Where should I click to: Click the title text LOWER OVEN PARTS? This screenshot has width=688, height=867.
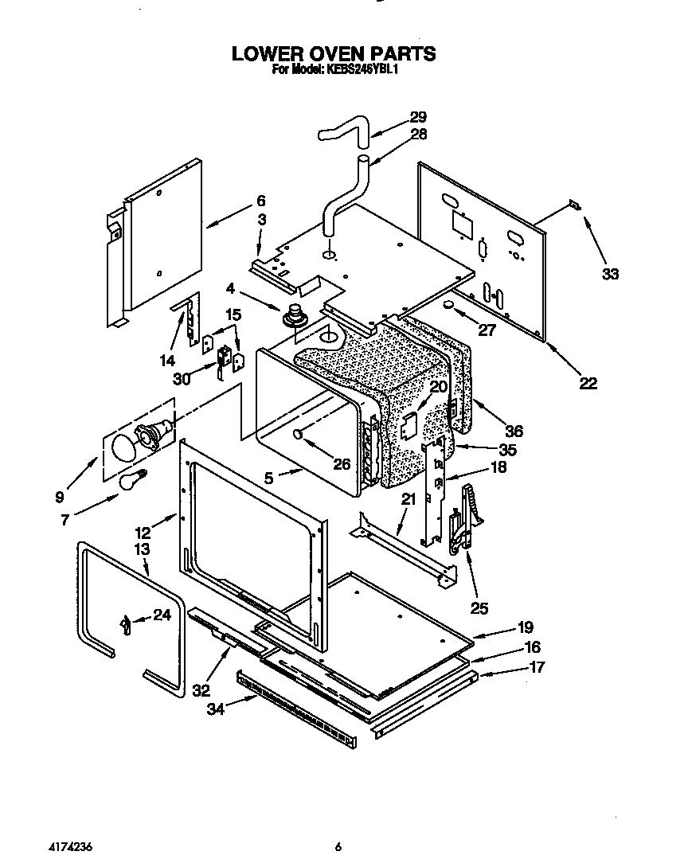click(x=334, y=53)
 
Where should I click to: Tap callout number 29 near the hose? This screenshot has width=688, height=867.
click(x=417, y=116)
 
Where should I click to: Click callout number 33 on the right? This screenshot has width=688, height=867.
click(x=609, y=274)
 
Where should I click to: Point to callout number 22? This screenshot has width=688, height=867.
click(x=587, y=383)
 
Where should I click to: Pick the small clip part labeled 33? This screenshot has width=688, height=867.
click(x=573, y=205)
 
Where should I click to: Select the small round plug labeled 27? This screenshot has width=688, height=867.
click(x=448, y=306)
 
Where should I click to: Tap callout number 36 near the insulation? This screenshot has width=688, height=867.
click(x=514, y=431)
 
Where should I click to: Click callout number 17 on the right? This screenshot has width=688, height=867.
click(x=537, y=667)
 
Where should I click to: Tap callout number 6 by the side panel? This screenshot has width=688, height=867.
click(x=260, y=201)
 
